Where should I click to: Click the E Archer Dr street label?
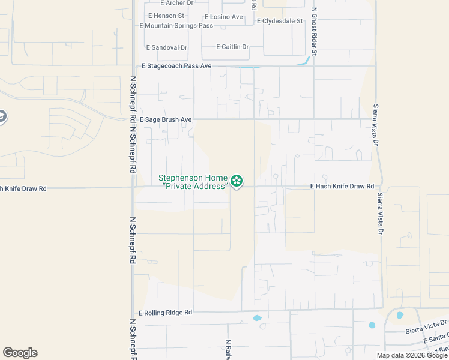pos(173,3)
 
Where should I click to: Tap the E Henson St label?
pos(165,16)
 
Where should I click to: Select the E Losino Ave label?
pos(224,17)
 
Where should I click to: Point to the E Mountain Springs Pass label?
pos(176,26)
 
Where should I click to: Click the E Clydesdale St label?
pos(279,21)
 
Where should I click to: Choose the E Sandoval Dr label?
pos(167,47)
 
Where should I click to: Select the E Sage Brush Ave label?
pos(166,120)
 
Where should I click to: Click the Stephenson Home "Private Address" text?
pos(193,182)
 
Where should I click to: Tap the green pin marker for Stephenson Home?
pos(237,181)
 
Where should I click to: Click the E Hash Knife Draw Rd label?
pos(342,187)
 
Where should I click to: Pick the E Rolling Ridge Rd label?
pos(166,313)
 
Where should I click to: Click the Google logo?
pos(20,353)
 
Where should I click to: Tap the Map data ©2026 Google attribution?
pos(411,355)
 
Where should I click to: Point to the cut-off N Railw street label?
pos(228,350)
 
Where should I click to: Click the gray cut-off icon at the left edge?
pos(2,116)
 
